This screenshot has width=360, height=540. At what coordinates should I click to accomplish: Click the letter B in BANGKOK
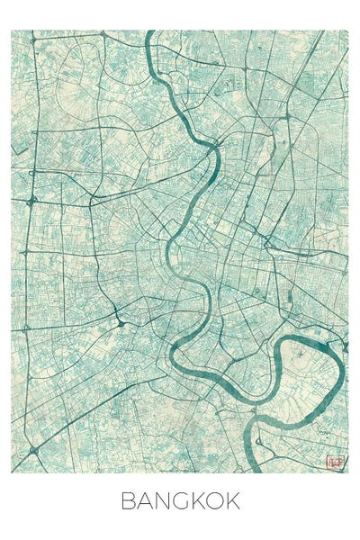coord(128,501)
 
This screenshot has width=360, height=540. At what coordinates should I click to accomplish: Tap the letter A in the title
coord(144,501)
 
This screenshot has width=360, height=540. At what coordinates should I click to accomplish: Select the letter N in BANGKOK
coord(162,501)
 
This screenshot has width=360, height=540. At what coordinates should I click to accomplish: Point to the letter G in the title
coord(181,501)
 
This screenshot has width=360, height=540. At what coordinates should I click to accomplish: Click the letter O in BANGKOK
coord(216,501)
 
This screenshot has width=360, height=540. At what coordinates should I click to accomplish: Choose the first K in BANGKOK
coord(198,501)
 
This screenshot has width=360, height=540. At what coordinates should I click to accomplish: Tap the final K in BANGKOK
coord(233,501)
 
